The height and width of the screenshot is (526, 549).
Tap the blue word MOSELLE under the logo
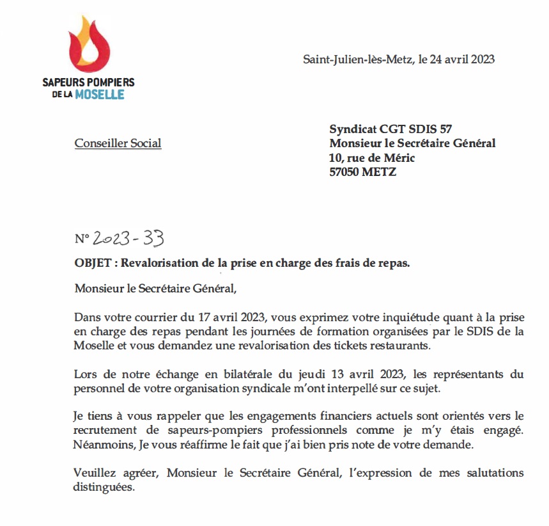pos(99,95)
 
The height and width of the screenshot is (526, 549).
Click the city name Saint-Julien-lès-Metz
pos(357,60)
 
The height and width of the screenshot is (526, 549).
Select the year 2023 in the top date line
pos(480,60)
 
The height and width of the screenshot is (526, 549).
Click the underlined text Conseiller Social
pos(118,143)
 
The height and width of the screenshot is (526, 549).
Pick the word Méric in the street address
pos(398,158)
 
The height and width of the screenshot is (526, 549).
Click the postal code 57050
pos(345,172)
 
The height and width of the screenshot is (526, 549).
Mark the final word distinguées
pos(104,486)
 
